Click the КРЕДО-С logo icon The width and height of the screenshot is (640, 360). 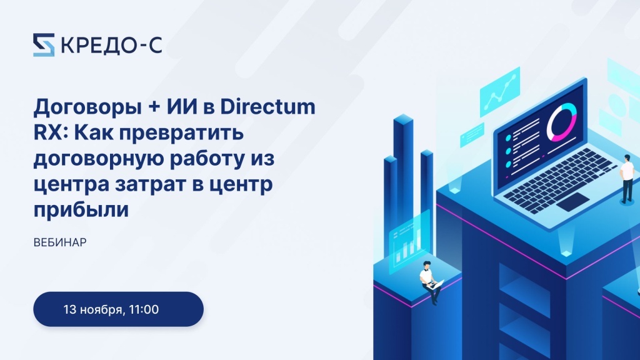[44, 44]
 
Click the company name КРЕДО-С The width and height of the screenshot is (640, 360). [111, 45]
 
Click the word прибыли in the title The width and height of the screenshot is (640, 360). [81, 209]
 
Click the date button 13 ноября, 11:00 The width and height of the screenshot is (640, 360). [118, 309]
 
